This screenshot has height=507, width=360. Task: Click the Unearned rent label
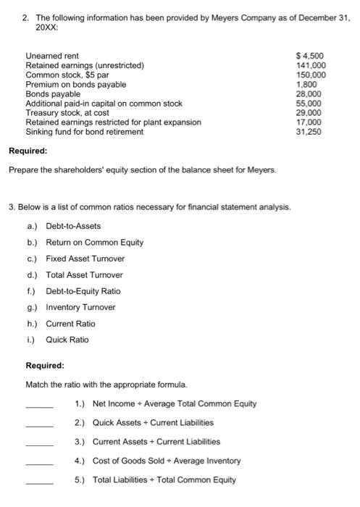tap(53, 56)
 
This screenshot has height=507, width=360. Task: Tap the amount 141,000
tap(311, 65)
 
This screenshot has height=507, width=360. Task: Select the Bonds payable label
tap(53, 94)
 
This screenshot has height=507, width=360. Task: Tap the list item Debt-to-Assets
tap(73, 226)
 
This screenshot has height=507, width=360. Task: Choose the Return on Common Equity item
tap(94, 242)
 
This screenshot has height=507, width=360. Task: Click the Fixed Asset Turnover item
tap(85, 259)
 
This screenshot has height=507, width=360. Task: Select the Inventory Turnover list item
tap(80, 307)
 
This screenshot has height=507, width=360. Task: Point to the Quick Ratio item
tap(67, 339)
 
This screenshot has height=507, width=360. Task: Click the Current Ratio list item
tap(70, 323)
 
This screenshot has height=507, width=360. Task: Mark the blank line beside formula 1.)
tap(39, 407)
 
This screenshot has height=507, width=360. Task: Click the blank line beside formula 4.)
tap(39, 464)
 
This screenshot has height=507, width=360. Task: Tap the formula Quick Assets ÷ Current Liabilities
tap(153, 422)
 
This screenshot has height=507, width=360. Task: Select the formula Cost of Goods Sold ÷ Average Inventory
tap(167, 460)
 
